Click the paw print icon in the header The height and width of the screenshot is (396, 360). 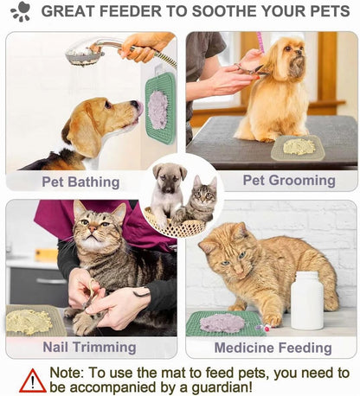[x=20, y=11]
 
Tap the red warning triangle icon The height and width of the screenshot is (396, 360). [x=33, y=380]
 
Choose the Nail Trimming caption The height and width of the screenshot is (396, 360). [x=89, y=347]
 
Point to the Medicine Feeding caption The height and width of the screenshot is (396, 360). [x=273, y=348]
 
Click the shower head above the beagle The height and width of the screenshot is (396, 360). [x=85, y=54]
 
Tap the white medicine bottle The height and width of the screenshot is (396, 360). [x=306, y=300]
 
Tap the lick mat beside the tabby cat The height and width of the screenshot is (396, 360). [x=31, y=321]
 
